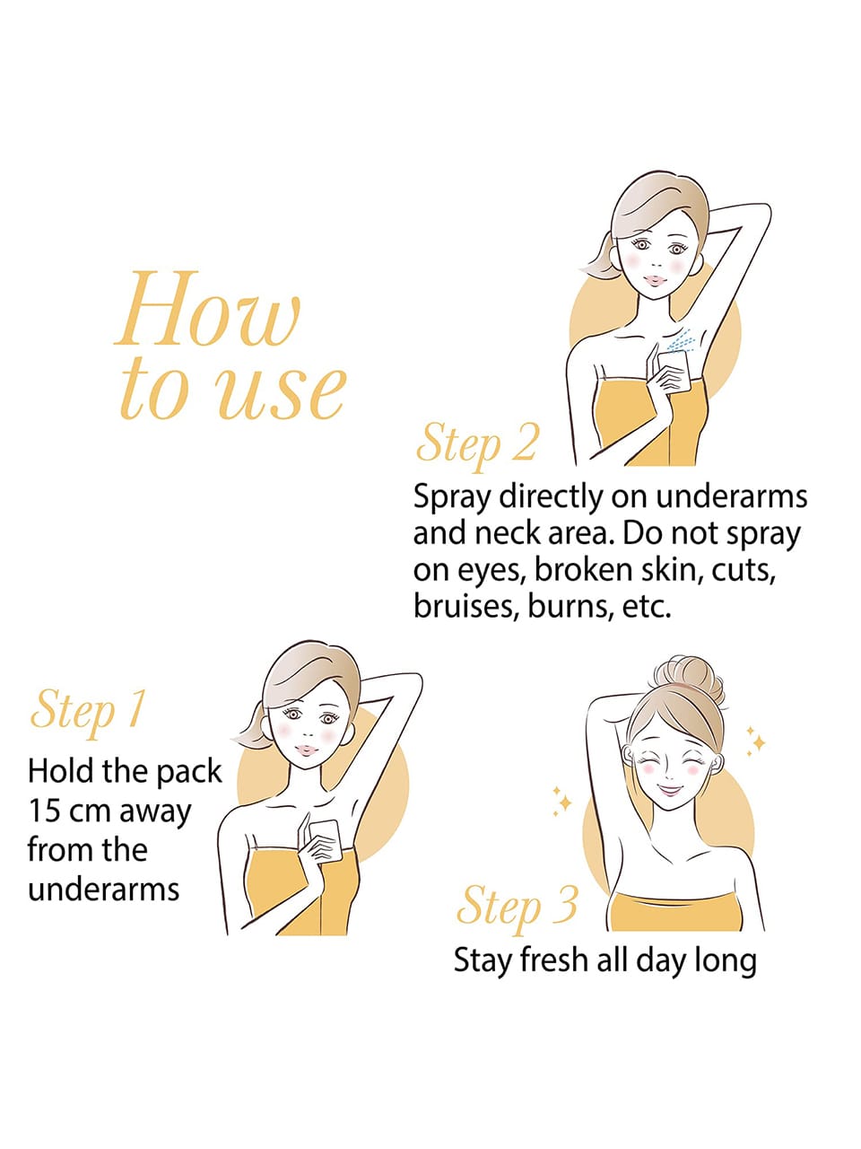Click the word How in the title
(x=209, y=309)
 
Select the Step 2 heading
(x=476, y=446)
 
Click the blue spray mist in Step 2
(x=681, y=342)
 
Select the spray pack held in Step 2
(x=674, y=371)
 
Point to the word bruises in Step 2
(x=465, y=606)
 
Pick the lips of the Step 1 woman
(x=307, y=750)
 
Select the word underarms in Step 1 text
(x=103, y=889)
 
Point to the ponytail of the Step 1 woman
(x=250, y=725)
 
